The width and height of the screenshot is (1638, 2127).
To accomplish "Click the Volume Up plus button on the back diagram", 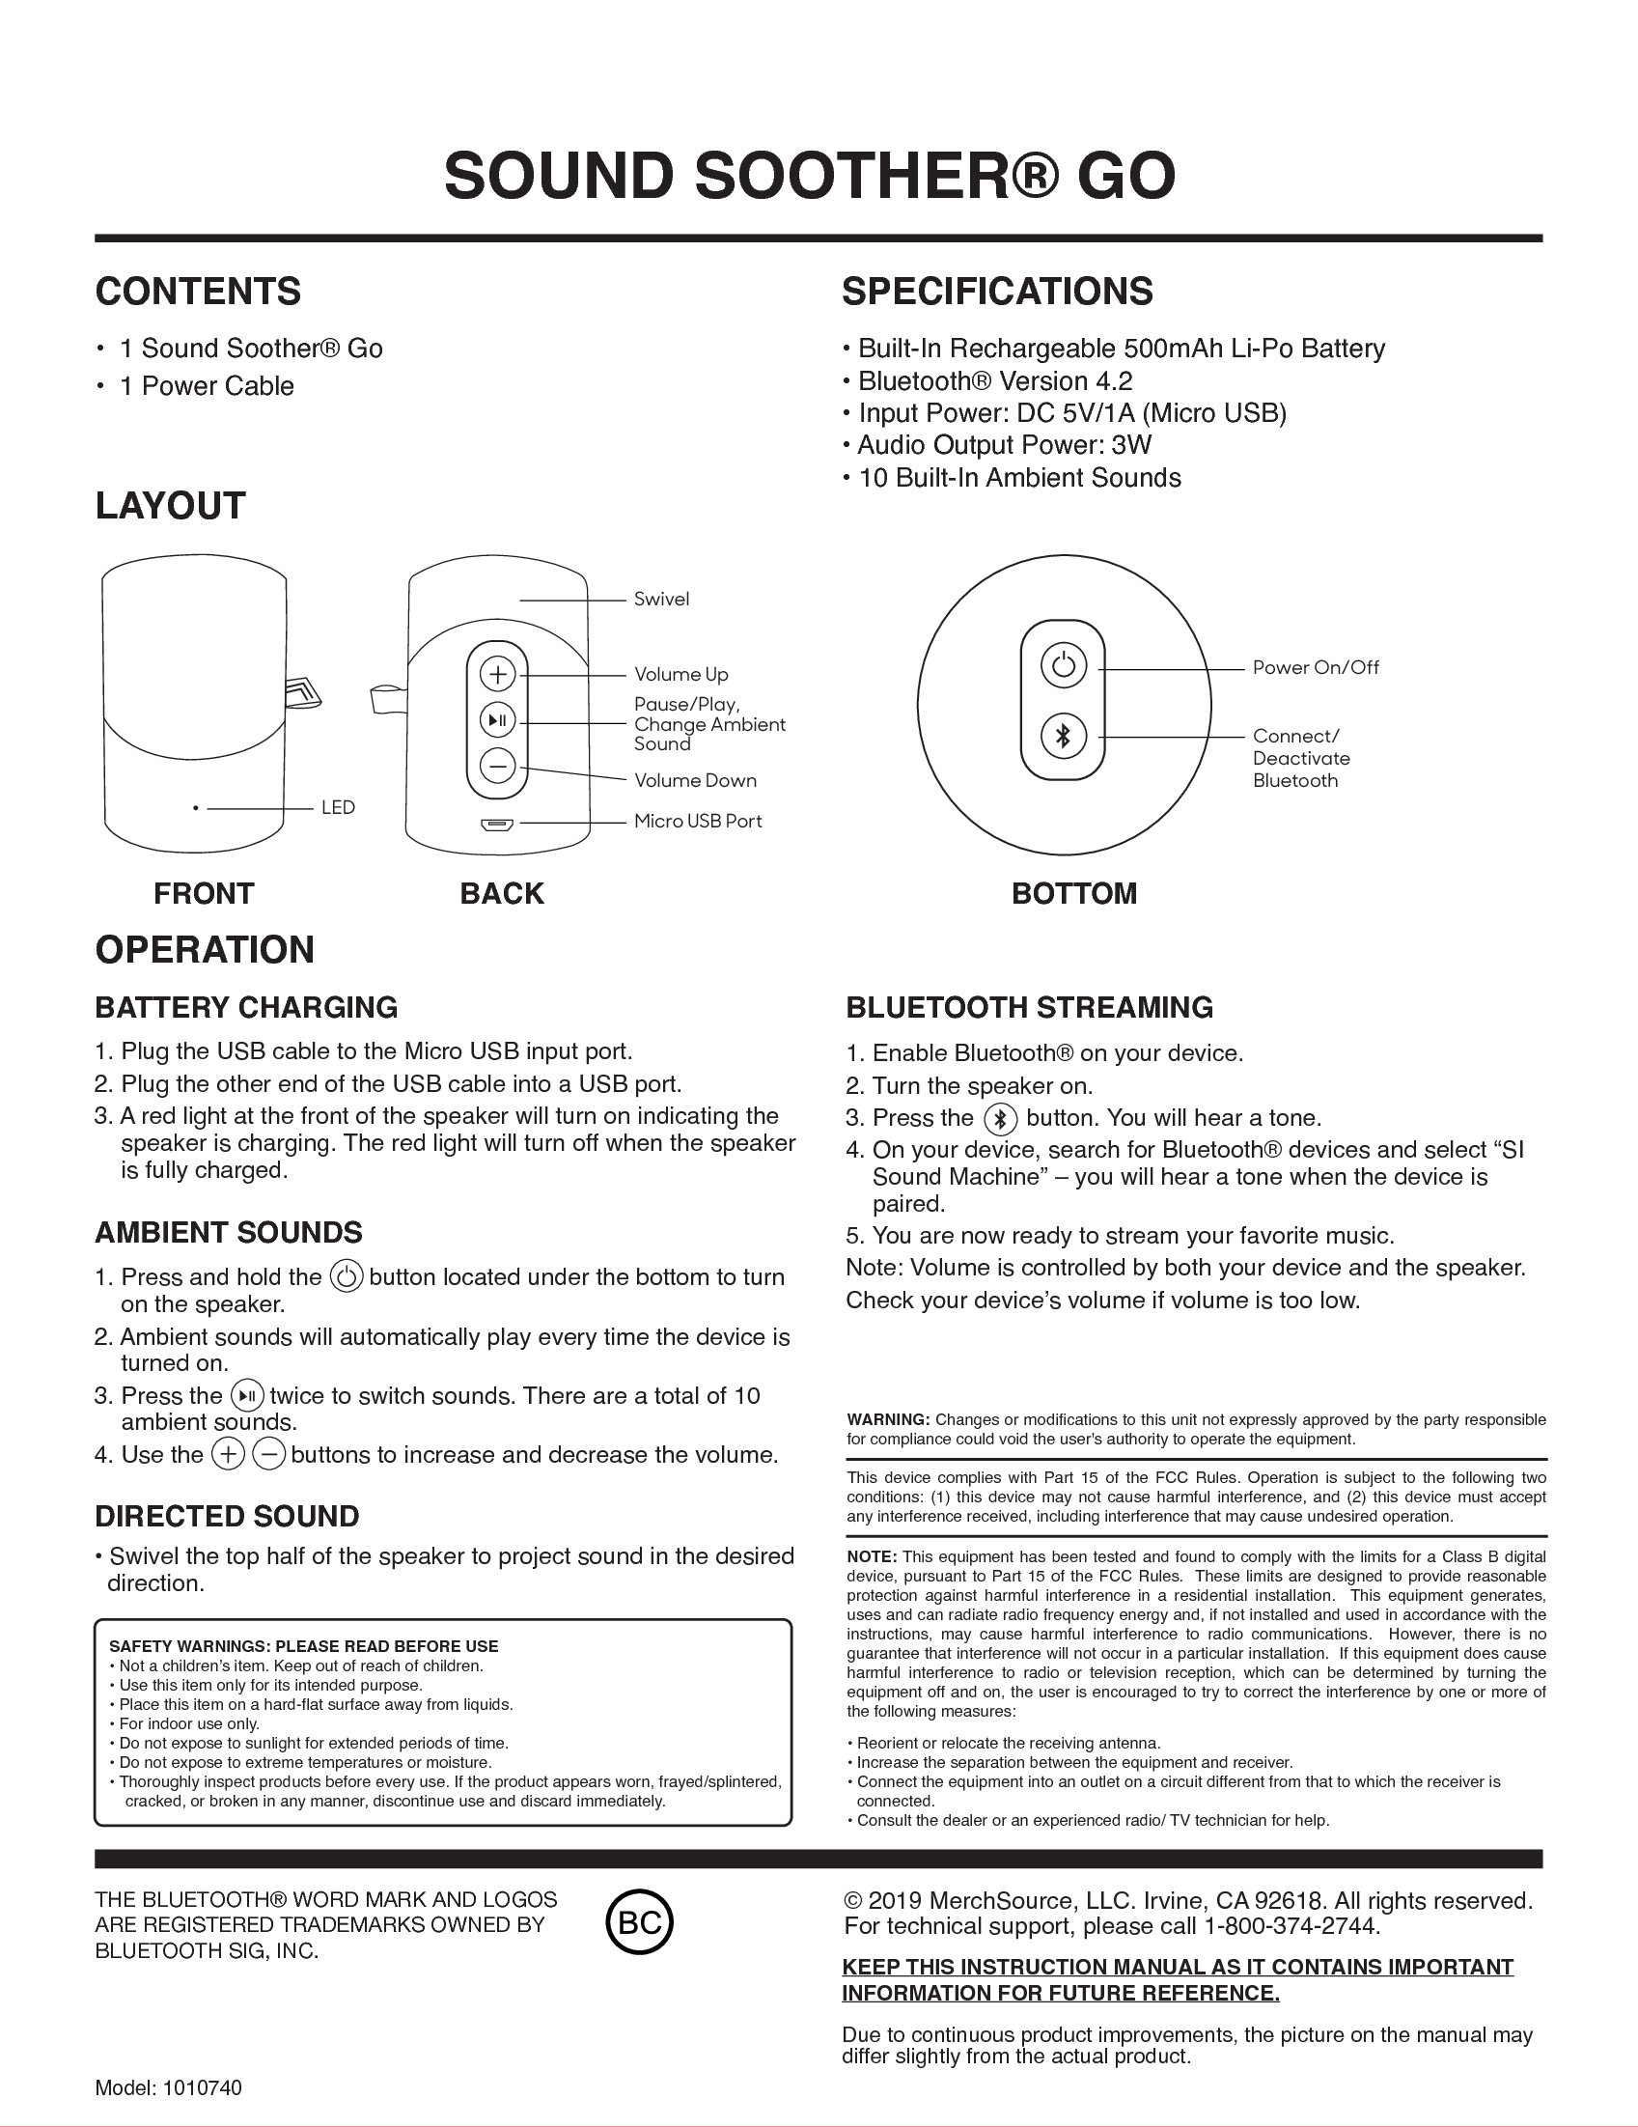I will pos(498,673).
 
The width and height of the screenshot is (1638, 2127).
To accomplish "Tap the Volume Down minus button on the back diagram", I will pos(498,767).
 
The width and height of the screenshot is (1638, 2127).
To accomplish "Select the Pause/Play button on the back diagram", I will pos(498,720).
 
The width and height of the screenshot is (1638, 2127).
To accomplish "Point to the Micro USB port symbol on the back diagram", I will pos(497,825).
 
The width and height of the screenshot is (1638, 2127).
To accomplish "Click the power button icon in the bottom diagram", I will pos(1063,666).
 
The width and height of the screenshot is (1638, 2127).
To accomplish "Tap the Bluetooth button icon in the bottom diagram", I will pos(1063,737).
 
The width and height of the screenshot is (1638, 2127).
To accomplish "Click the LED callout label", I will pos(338,807).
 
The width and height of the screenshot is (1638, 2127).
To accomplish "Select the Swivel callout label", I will pos(661,599).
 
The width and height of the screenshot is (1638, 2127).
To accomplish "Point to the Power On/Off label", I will pos(1315,667).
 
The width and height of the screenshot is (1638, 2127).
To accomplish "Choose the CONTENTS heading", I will pos(198,292).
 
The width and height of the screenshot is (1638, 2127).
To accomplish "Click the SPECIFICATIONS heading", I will pos(997,292).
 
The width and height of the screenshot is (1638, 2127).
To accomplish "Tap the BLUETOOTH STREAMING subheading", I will pos(1029,1007).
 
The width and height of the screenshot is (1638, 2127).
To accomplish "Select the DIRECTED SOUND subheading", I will pos(227,1517).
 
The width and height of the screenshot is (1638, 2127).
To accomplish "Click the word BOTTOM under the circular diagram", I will pos(1074,893).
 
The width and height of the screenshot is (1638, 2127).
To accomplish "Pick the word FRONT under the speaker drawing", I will pos(204,893).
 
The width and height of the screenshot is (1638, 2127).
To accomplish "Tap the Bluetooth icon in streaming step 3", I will pos(1000,1119).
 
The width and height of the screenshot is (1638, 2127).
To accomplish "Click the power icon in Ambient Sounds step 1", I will pos(347,1276).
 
